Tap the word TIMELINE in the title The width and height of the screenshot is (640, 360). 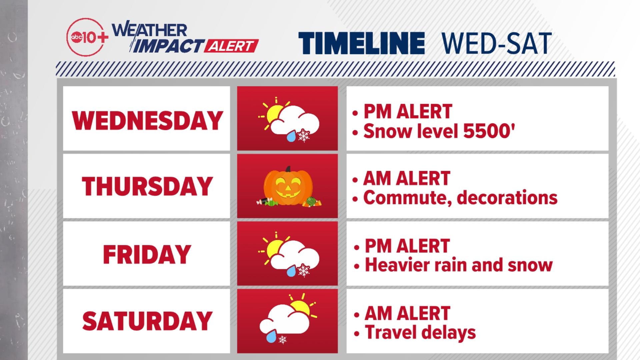361,43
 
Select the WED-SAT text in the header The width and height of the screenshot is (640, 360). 496,43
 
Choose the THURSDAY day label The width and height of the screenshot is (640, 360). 147,186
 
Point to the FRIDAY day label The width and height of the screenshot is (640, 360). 147,254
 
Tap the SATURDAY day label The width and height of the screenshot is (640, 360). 147,321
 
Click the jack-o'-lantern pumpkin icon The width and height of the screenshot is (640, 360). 288,185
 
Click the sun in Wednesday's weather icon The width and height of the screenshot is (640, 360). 275,114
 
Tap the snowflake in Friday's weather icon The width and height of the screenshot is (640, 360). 304,270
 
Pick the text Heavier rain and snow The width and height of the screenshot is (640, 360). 459,265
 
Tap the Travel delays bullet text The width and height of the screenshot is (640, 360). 420,332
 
